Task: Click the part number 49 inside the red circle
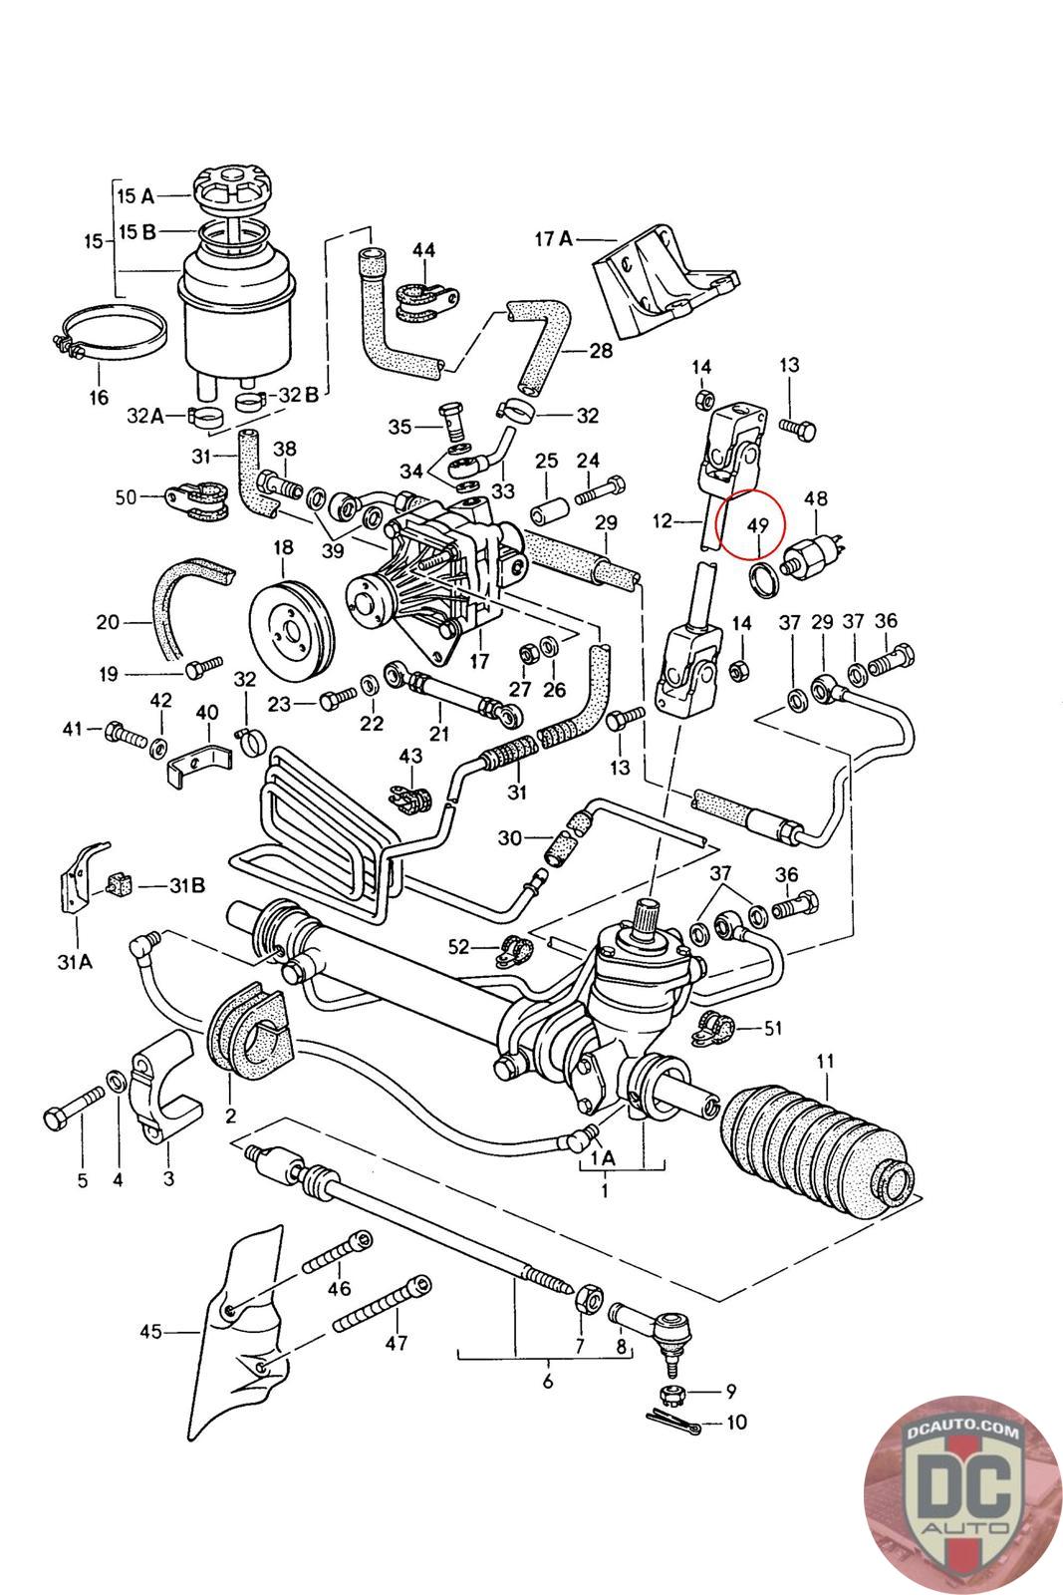click(758, 525)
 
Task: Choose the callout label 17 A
click(554, 238)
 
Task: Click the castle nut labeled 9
click(672, 1391)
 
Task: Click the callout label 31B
click(187, 885)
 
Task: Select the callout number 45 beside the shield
click(150, 1331)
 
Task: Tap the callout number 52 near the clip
click(459, 946)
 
